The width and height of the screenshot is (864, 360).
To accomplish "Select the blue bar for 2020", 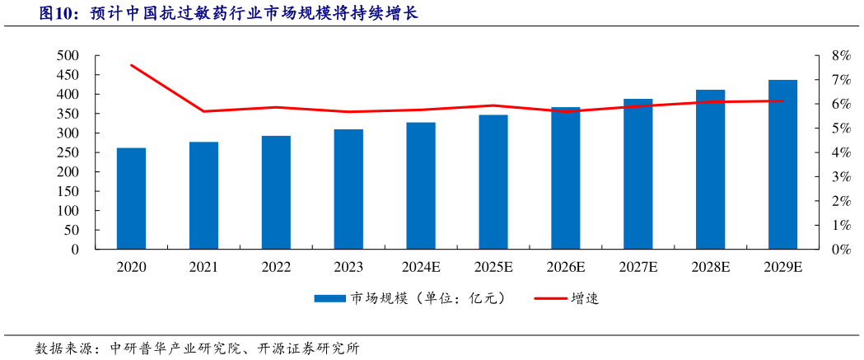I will click(131, 199).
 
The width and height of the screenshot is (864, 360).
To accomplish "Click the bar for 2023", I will click(348, 189).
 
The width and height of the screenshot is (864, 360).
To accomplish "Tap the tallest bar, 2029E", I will click(782, 164).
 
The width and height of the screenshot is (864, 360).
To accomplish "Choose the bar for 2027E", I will click(637, 174).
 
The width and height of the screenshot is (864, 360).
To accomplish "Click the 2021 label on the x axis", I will click(203, 267).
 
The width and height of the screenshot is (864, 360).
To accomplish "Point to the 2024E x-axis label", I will click(421, 267).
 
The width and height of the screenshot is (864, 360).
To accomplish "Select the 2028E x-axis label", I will click(711, 267).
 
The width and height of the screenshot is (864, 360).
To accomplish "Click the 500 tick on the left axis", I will click(68, 56).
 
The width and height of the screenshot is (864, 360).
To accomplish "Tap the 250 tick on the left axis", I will click(68, 152).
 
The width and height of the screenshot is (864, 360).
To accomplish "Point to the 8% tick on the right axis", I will click(840, 56).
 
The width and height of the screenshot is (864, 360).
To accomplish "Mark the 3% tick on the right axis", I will click(840, 176).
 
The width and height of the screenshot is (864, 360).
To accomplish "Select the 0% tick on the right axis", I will click(840, 249).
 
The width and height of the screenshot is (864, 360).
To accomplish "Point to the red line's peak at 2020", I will click(132, 65).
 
